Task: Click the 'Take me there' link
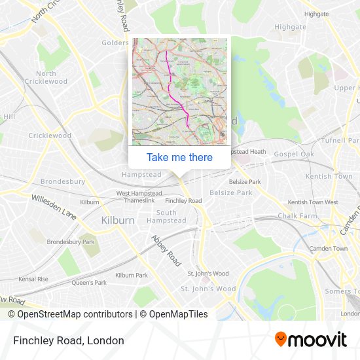179,157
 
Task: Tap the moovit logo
310,340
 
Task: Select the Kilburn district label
118,221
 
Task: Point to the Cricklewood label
50,135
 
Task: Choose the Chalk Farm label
297,215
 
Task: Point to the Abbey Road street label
166,250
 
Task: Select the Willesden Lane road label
54,205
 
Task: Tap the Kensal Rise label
33,279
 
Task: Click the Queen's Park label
89,283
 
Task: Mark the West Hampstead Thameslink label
139,198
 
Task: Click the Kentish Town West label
313,202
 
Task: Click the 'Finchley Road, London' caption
68,340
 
